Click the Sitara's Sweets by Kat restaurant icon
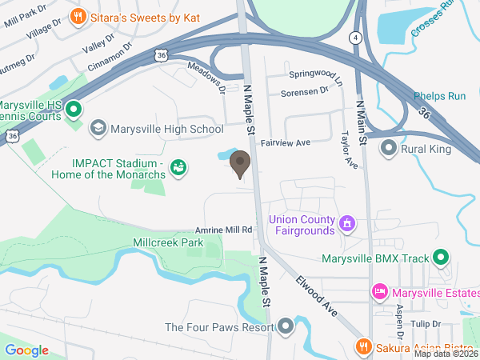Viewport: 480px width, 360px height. pyautogui.click(x=78, y=15)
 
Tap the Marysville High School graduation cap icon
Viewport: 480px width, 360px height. pyautogui.click(x=98, y=128)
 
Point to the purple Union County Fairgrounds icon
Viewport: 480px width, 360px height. pyautogui.click(x=347, y=222)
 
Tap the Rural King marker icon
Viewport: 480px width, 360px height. pyautogui.click(x=389, y=147)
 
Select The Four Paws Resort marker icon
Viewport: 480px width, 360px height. pyautogui.click(x=286, y=327)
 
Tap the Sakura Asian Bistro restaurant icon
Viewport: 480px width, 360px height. pyautogui.click(x=363, y=346)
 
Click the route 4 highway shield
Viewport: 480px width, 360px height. pyautogui.click(x=354, y=37)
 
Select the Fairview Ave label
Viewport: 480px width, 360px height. pyautogui.click(x=285, y=142)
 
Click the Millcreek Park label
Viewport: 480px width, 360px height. pyautogui.click(x=169, y=242)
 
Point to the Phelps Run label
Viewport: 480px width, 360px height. pyautogui.click(x=439, y=97)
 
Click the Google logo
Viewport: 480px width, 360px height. pyautogui.click(x=26, y=350)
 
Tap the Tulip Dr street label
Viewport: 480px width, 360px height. pyautogui.click(x=427, y=324)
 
